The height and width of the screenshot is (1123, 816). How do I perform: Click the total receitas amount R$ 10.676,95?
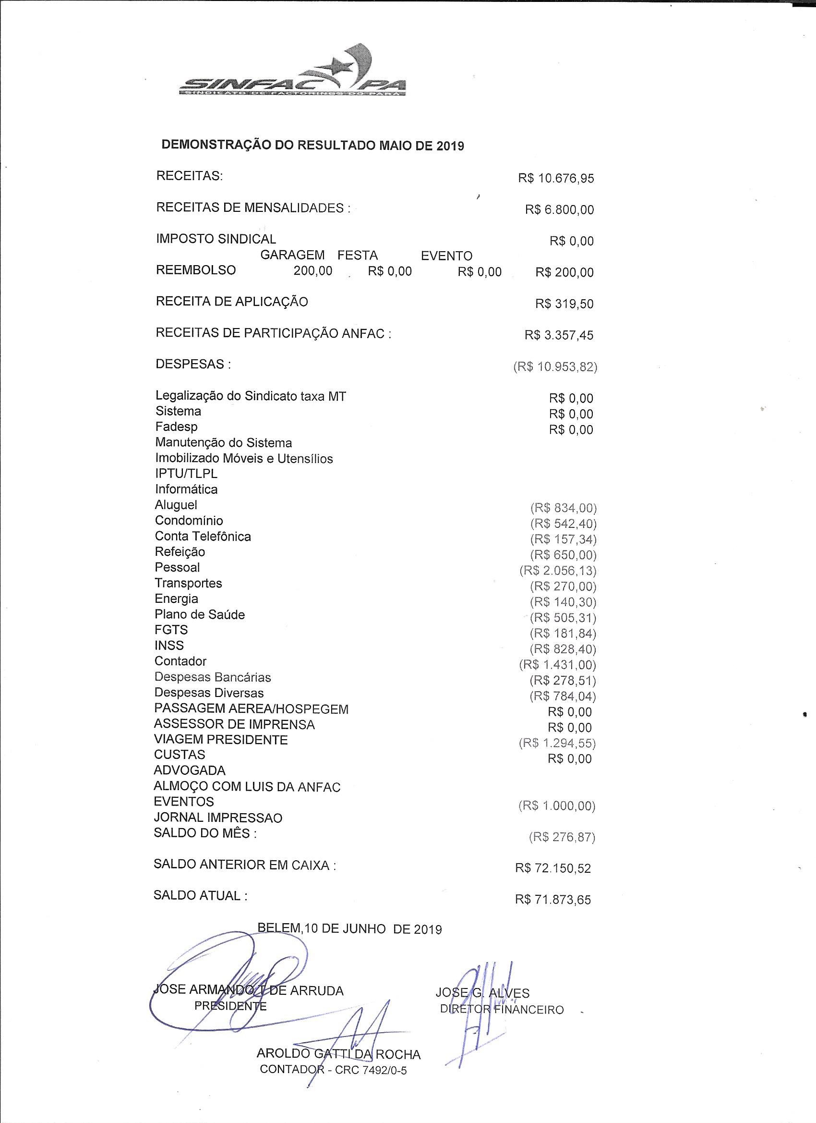coord(556,178)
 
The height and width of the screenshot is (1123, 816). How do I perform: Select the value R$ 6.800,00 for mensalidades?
coord(559,209)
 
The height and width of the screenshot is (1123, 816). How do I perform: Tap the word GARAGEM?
coord(292,255)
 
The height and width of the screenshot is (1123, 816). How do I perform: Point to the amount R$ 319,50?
coord(564,304)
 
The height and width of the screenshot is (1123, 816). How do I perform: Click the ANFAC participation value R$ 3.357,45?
coord(559,335)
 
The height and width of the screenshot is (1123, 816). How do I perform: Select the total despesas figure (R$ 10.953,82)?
coord(555,367)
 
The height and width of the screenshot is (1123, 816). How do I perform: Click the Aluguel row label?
coord(176,505)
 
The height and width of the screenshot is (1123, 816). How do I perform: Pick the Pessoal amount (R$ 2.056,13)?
coord(558,571)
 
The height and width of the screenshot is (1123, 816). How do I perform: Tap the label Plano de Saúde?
coord(199,614)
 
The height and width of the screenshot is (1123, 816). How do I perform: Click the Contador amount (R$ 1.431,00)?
coord(558,664)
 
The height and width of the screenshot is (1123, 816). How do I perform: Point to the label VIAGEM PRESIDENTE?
coord(221,740)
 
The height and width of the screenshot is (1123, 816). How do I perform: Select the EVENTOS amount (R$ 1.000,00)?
coord(557,806)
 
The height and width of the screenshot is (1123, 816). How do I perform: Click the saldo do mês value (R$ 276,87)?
coord(562,837)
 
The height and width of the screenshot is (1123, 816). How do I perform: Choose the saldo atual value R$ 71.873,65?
coord(553,899)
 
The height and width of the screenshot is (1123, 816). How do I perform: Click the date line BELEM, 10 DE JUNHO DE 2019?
coord(349,928)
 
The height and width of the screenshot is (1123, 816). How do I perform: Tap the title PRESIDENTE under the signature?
coord(230,1006)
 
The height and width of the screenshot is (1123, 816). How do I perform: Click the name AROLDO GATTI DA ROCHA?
coord(338,1055)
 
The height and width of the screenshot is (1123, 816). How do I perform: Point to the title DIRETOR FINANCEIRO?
coord(502,1009)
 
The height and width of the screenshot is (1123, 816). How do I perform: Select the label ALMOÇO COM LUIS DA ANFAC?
coord(247,787)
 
